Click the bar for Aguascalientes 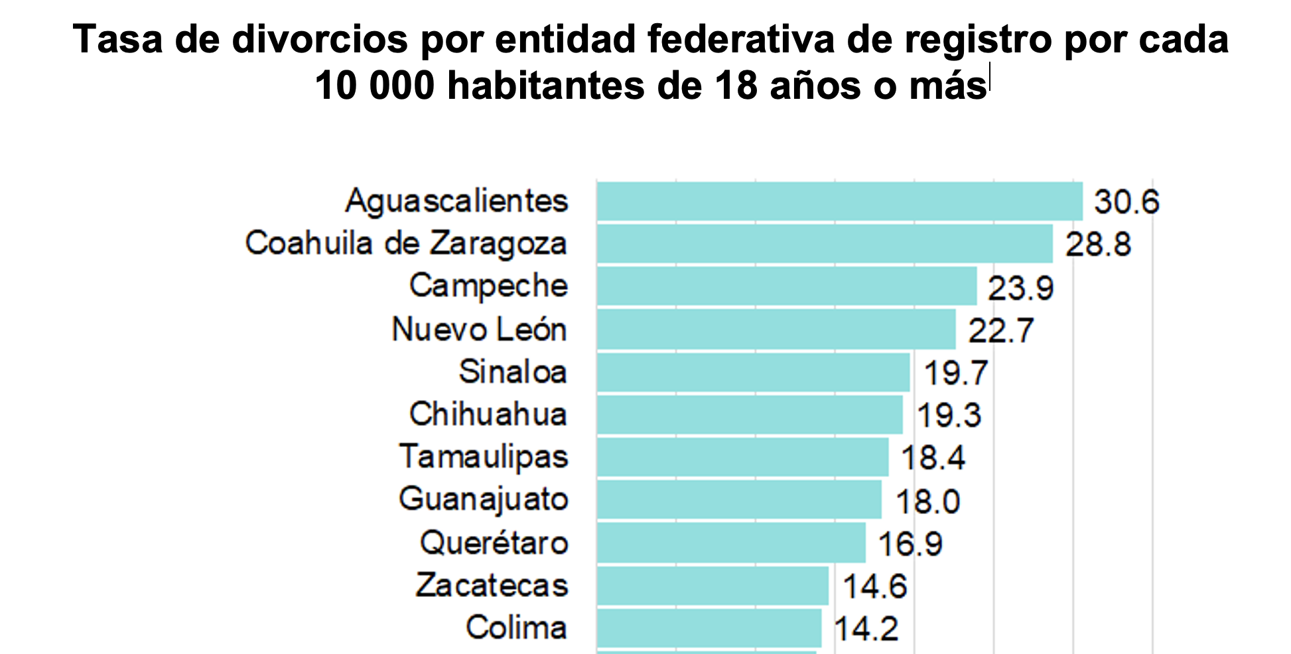pyautogui.click(x=839, y=201)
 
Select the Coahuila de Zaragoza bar pyautogui.click(x=824, y=243)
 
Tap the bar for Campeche pyautogui.click(x=786, y=286)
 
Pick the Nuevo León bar pyautogui.click(x=776, y=329)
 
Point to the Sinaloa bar pyautogui.click(x=753, y=372)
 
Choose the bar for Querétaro pyautogui.click(x=730, y=543)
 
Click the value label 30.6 pyautogui.click(x=1126, y=202)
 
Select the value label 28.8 pyautogui.click(x=1098, y=244)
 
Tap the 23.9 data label pyautogui.click(x=1020, y=288)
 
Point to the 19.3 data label pyautogui.click(x=948, y=415)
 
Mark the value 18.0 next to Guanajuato pyautogui.click(x=927, y=501)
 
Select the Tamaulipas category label pyautogui.click(x=484, y=458)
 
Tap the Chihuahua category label pyautogui.click(x=488, y=415)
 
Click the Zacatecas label pyautogui.click(x=492, y=586)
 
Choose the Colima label pyautogui.click(x=516, y=627)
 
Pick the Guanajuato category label pyautogui.click(x=484, y=500)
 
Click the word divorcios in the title pyautogui.click(x=319, y=40)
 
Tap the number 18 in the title pyautogui.click(x=736, y=86)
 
